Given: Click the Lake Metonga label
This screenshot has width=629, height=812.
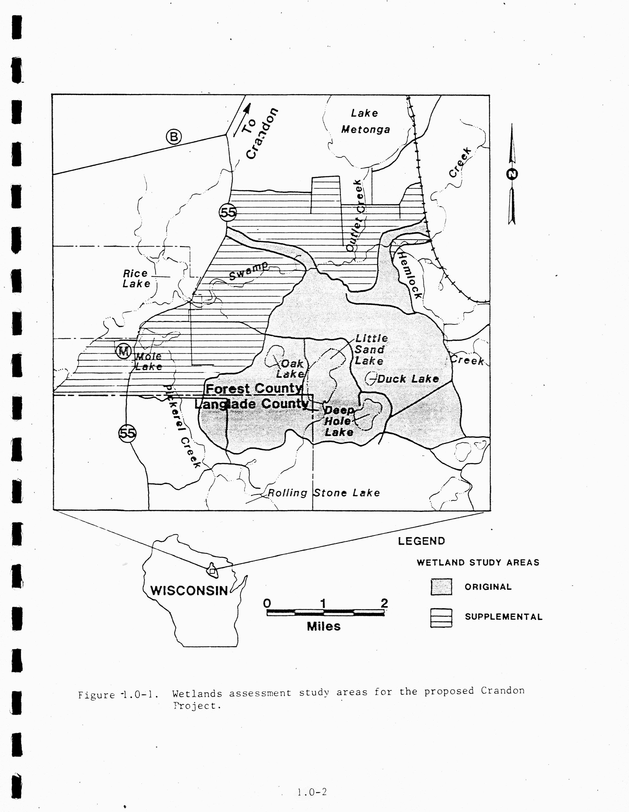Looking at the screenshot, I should point(365,121).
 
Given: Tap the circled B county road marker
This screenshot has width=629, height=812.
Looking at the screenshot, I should point(174,137).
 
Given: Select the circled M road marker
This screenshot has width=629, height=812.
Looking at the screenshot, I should point(123,351).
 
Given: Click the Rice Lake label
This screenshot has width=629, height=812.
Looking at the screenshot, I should point(136,278).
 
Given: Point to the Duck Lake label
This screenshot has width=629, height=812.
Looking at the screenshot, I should point(408,379).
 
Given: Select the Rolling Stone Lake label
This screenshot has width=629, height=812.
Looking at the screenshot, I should point(324,493).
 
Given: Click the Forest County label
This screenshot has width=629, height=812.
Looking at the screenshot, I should point(254,389).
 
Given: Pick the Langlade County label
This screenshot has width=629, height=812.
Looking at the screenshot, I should point(252,404).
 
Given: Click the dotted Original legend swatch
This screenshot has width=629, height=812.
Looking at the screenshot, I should point(441,587).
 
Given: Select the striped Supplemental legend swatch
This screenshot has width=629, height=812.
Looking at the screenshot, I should point(441,618).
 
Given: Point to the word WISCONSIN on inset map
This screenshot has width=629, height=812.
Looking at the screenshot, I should point(189,590).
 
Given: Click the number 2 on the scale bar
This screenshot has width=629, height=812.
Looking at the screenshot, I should point(384,603).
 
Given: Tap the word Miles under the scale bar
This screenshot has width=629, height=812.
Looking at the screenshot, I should point(323,627).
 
